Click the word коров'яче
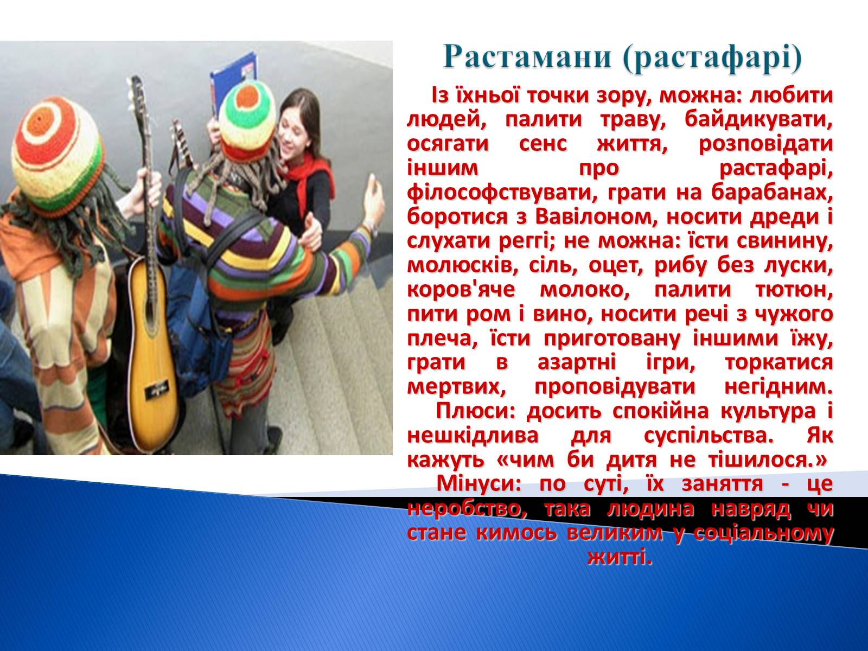[461, 290]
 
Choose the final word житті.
[620, 557]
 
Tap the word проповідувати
[615, 387]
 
